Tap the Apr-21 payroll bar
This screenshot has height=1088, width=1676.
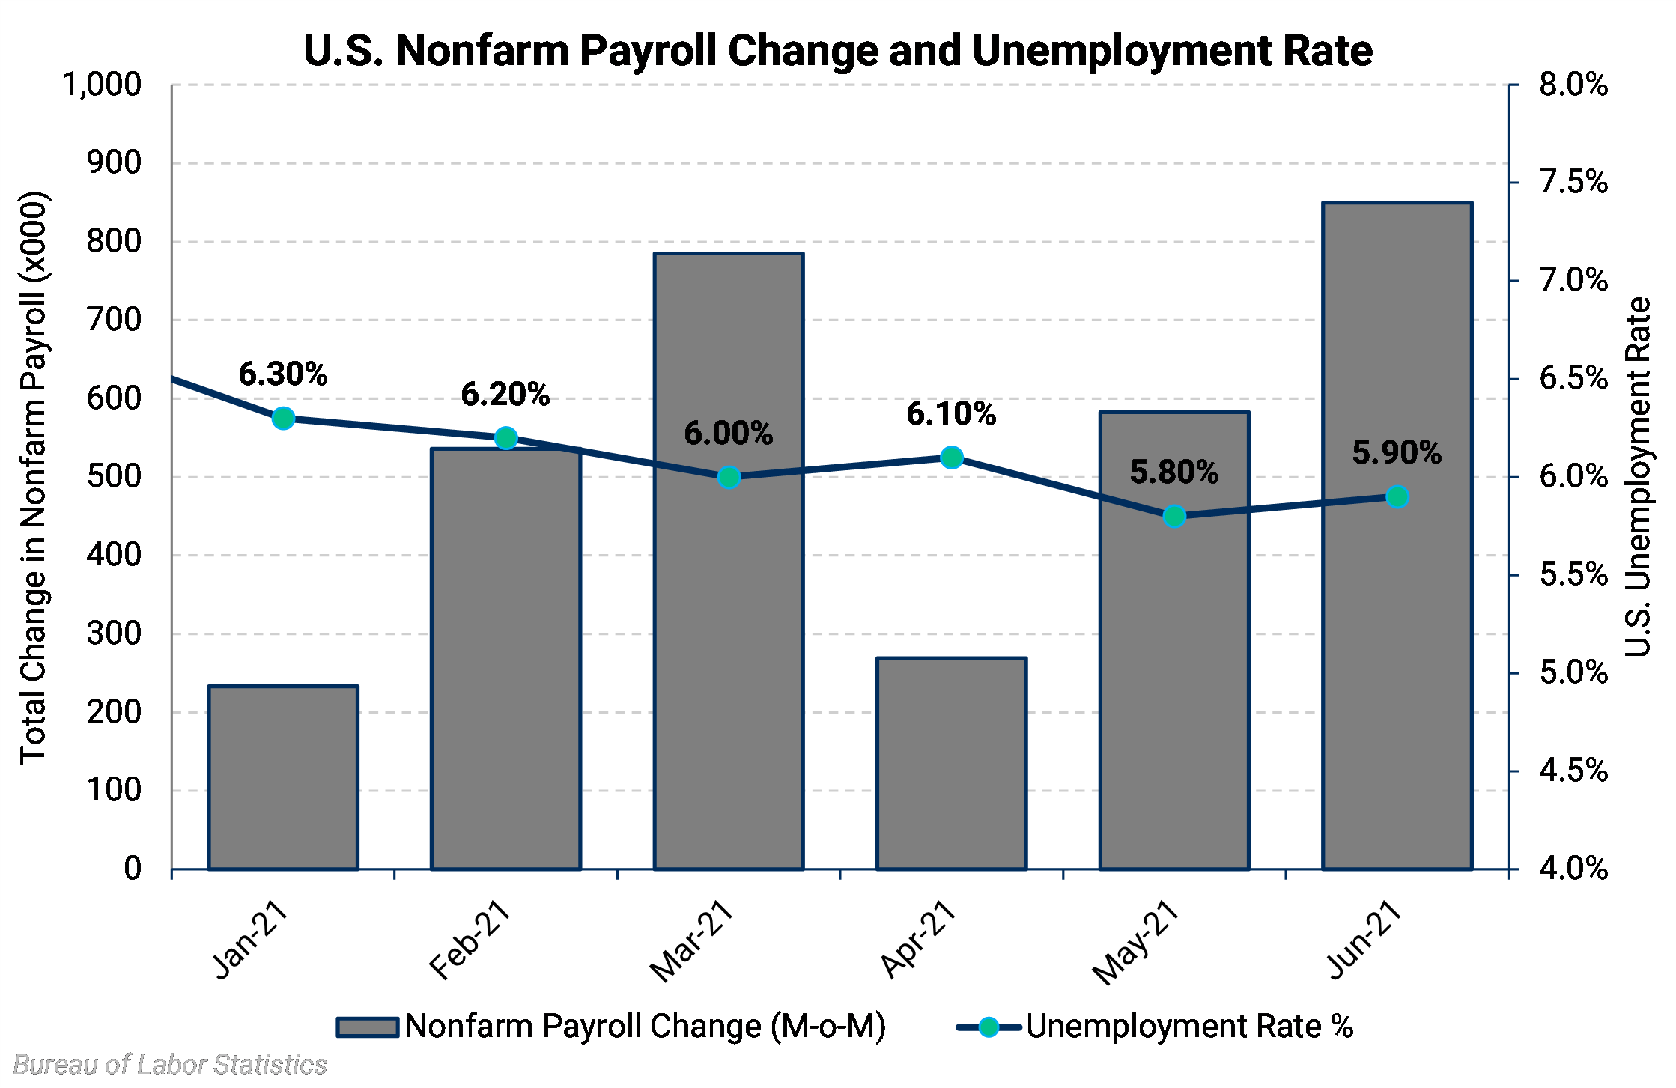pyautogui.click(x=951, y=764)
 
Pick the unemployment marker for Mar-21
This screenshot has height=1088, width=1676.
pyautogui.click(x=729, y=477)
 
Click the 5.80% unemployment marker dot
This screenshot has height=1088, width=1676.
pyautogui.click(x=1174, y=517)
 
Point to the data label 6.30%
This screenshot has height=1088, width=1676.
pyautogui.click(x=283, y=374)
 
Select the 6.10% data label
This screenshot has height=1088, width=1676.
pyautogui.click(x=951, y=413)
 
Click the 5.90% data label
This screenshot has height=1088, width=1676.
pyautogui.click(x=1397, y=452)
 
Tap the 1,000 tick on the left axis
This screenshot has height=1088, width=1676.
pyautogui.click(x=102, y=85)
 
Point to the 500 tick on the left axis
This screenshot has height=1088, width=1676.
pyautogui.click(x=114, y=476)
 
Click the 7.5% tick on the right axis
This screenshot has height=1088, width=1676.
pyautogui.click(x=1573, y=182)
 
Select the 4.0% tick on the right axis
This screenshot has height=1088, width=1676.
pyautogui.click(x=1573, y=869)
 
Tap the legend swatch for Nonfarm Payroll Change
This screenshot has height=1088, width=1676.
pyautogui.click(x=367, y=1027)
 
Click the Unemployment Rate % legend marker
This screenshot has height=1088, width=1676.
pyautogui.click(x=989, y=1027)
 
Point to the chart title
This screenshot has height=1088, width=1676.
pyautogui.click(x=838, y=50)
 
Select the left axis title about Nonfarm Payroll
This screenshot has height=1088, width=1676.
pyautogui.click(x=34, y=477)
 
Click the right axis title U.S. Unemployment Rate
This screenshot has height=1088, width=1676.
pyautogui.click(x=1638, y=477)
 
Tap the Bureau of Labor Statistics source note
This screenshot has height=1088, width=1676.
pyautogui.click(x=170, y=1064)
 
